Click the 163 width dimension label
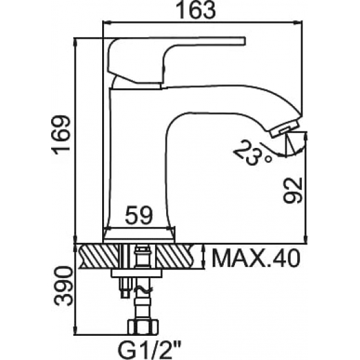click(196, 10)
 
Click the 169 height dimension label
click(61, 135)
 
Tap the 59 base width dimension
click(139, 215)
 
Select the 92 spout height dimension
click(293, 190)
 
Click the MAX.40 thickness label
click(256, 258)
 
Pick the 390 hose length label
click(63, 286)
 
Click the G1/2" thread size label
click(149, 351)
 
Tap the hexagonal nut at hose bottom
click(143, 327)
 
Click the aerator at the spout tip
click(285, 129)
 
